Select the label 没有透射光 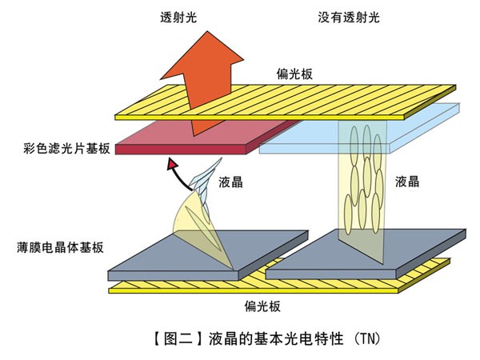(x=351, y=15)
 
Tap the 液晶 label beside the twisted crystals (x=230, y=182)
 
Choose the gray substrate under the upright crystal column (x=368, y=252)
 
